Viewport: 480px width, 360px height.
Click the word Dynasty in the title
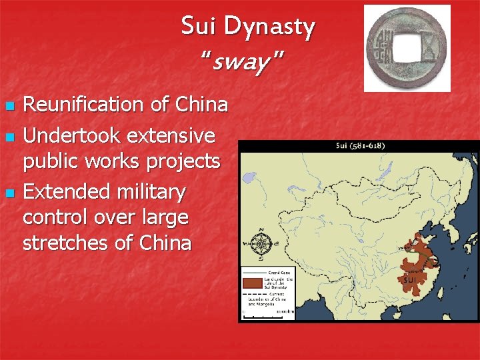270,27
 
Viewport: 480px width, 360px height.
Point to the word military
149,192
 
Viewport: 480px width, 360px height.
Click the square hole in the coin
406,49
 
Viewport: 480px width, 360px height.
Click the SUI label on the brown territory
410,280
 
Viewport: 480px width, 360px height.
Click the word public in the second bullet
53,161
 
